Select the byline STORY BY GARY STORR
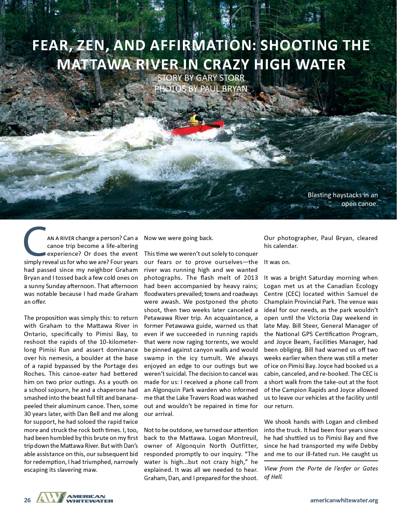point(201,79)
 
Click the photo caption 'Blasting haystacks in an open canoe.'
point(342,199)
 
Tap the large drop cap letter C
point(34,241)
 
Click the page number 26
point(27,500)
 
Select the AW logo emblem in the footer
point(50,498)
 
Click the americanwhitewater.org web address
point(344,500)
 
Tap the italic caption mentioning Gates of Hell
point(320,472)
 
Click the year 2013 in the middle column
point(240,285)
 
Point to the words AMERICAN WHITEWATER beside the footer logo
point(89,498)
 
